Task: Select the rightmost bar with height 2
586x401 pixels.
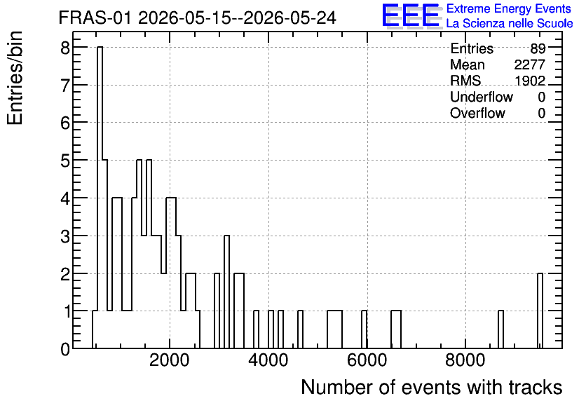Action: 540,311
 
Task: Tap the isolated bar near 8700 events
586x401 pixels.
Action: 500,329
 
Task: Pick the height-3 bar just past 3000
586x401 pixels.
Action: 227,292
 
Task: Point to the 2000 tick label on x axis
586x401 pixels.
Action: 170,361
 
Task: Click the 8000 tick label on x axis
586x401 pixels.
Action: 465,361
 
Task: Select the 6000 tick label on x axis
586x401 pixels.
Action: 367,361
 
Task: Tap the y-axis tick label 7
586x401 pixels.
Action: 65,86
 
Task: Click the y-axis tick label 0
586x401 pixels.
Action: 65,349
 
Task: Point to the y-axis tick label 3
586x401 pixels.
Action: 65,236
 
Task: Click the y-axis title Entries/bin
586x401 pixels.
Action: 15,78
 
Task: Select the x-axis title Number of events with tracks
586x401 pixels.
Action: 432,387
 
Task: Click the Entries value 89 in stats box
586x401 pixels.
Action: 538,48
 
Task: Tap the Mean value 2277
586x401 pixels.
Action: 529,64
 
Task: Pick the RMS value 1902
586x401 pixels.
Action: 530,81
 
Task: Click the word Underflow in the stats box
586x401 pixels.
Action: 482,97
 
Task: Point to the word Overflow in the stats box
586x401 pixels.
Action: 477,113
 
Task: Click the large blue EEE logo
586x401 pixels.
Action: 411,15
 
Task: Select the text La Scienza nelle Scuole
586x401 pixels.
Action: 510,24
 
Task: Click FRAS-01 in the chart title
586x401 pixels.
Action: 95,18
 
